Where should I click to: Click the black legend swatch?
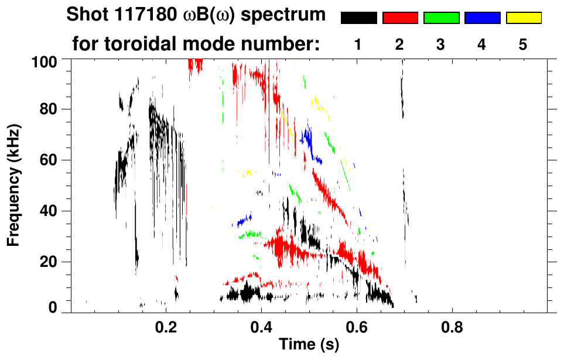358,18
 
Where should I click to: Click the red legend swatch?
400,18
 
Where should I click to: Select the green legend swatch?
441,18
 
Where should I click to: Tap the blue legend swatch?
482,18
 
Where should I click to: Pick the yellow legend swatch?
524,18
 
